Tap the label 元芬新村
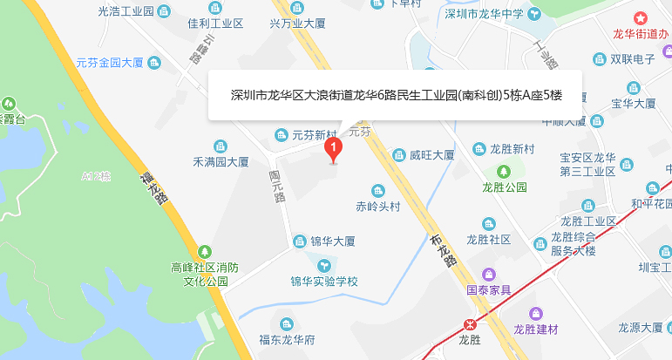tap(314, 135)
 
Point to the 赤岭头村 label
tap(377, 207)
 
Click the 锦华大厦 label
tap(332, 241)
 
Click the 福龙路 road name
tap(154, 187)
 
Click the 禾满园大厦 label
tap(221, 161)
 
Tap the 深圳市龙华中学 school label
tap(484, 14)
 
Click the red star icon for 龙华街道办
tap(641, 17)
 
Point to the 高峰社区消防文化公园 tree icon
tap(204, 251)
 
